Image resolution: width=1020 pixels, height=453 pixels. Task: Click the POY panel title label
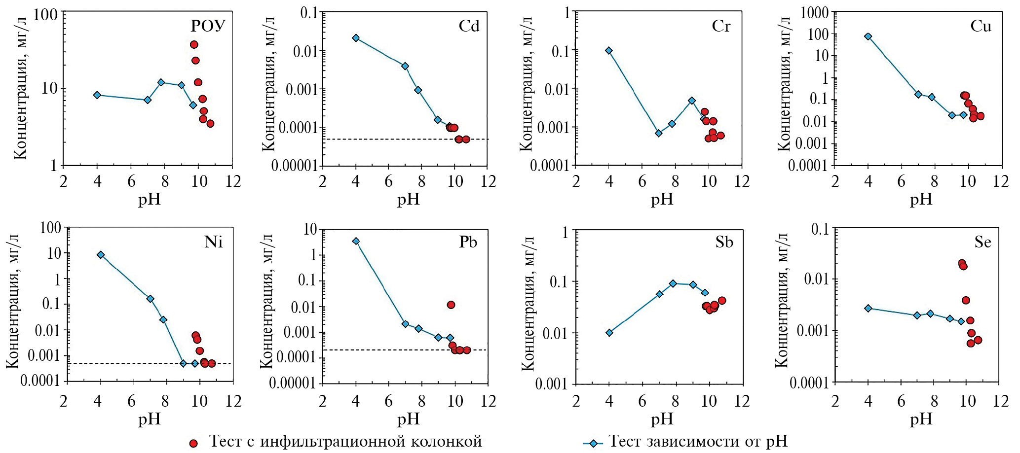coord(208,26)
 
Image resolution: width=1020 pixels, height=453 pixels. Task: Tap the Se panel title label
coord(982,242)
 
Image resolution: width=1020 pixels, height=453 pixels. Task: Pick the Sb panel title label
coord(724,242)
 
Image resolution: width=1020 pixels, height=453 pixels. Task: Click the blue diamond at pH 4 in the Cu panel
coord(868,36)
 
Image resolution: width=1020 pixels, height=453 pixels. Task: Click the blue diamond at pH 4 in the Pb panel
coord(356,241)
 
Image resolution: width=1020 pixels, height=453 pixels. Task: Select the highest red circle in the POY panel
coord(194,45)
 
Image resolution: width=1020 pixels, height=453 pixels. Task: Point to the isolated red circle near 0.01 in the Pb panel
coord(451,305)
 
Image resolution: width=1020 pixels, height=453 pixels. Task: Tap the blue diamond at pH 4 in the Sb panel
coord(609,333)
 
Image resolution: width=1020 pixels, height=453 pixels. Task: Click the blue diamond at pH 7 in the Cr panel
coord(658,133)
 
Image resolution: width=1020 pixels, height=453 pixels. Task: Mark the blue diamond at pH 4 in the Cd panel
coord(356,38)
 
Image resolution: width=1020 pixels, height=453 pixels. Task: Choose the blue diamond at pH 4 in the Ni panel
coord(101,255)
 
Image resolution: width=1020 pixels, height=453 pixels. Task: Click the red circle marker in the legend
coord(193,444)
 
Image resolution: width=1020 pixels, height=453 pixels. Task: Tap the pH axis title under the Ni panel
coord(149,419)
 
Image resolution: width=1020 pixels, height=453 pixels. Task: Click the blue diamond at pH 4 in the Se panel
coord(868,309)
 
